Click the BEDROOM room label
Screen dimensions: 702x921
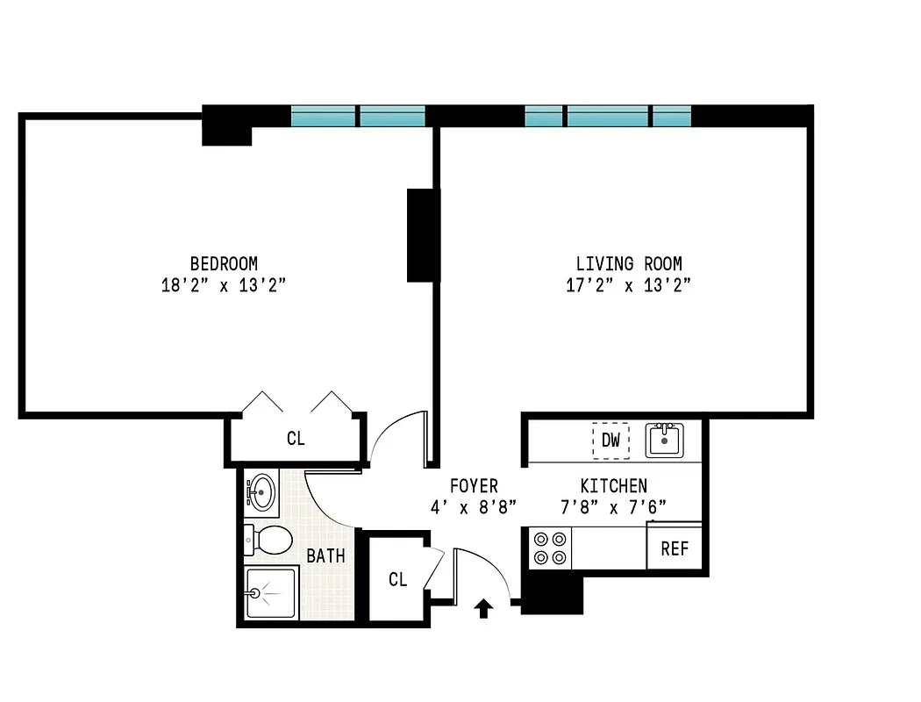pyautogui.click(x=224, y=263)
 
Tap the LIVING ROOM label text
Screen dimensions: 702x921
pyautogui.click(x=628, y=263)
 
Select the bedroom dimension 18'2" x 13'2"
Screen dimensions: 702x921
pyautogui.click(x=224, y=285)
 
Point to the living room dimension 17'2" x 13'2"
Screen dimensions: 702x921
pyautogui.click(x=628, y=285)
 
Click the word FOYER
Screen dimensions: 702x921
pyautogui.click(x=474, y=486)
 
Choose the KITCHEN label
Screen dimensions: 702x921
pyautogui.click(x=614, y=486)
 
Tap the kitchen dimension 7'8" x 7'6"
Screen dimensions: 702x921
pyautogui.click(x=614, y=507)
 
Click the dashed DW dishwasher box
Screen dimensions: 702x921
pyautogui.click(x=610, y=441)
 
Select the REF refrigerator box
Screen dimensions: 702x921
pyautogui.click(x=675, y=549)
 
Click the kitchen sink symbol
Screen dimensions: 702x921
pyautogui.click(x=665, y=440)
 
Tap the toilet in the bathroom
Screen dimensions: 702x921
pyautogui.click(x=270, y=540)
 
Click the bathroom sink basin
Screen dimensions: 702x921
pyautogui.click(x=261, y=492)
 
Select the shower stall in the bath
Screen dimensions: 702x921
pyautogui.click(x=272, y=593)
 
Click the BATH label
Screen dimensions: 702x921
pyautogui.click(x=325, y=556)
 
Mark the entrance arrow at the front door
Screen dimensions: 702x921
pyautogui.click(x=482, y=607)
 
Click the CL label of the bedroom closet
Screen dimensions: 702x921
pyautogui.click(x=296, y=439)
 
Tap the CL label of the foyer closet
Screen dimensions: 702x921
pyautogui.click(x=398, y=580)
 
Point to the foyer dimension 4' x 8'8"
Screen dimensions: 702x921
pyautogui.click(x=474, y=507)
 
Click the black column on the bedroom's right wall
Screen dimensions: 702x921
pyautogui.click(x=423, y=235)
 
